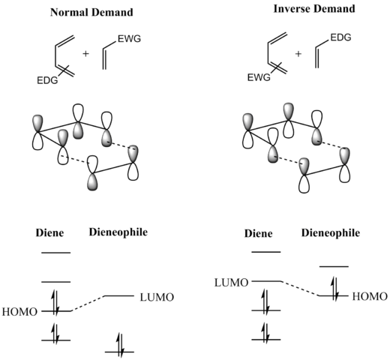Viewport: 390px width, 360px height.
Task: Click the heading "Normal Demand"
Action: tap(91, 12)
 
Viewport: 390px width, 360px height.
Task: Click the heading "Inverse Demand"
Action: tap(314, 9)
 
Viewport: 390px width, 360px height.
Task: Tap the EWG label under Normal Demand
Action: tap(129, 39)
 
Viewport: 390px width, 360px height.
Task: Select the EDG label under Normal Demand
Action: tap(47, 80)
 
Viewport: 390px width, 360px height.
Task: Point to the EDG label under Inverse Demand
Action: tap(340, 37)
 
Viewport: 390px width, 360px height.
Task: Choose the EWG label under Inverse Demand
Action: tap(259, 77)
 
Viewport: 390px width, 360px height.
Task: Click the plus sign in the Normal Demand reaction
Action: tap(85, 53)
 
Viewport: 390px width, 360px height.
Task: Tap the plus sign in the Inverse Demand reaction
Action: tap(298, 53)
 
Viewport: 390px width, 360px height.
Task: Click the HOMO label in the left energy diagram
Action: tap(19, 312)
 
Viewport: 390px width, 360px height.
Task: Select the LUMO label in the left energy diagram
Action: tap(157, 297)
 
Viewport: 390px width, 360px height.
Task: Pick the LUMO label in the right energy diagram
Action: tap(232, 283)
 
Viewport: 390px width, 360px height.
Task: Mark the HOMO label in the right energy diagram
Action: tap(370, 296)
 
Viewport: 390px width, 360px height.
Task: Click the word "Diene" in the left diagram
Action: tap(49, 232)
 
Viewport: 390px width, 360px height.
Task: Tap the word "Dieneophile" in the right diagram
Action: tap(331, 232)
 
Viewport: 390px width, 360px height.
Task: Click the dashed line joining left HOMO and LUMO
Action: tap(88, 304)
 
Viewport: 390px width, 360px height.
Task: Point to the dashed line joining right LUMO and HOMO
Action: tap(300, 289)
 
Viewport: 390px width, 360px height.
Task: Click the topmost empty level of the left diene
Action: tap(56, 253)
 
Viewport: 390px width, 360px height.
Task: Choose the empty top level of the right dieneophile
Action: tap(334, 267)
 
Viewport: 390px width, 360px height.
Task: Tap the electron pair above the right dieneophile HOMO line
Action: tap(334, 288)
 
